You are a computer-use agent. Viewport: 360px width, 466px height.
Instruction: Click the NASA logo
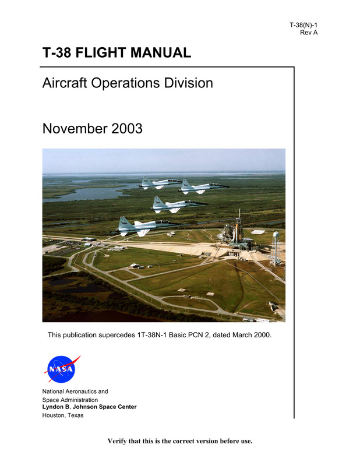[x=62, y=369]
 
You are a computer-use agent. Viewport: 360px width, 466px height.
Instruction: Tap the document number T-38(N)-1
[x=303, y=25]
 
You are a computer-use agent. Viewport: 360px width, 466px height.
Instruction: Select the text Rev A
[x=309, y=33]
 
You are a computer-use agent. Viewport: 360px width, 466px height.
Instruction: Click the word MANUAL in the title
[x=161, y=52]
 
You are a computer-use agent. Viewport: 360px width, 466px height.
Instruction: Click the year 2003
[x=127, y=129]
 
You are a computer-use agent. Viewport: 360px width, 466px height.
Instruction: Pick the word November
[x=75, y=129]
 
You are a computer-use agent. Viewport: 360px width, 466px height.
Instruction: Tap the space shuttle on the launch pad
[x=236, y=232]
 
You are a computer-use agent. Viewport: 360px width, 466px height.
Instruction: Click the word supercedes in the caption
[x=117, y=336]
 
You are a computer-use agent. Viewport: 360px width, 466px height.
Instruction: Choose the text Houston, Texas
[x=63, y=415]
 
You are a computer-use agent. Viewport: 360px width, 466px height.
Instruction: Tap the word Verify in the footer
[x=117, y=441]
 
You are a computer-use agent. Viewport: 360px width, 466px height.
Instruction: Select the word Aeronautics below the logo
[x=81, y=391]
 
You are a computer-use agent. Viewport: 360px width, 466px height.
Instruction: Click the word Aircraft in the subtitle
[x=65, y=83]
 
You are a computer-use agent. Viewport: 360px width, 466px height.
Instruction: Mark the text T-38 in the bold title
[x=57, y=52]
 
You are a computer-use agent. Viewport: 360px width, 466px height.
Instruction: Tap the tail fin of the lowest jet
[x=123, y=222]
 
